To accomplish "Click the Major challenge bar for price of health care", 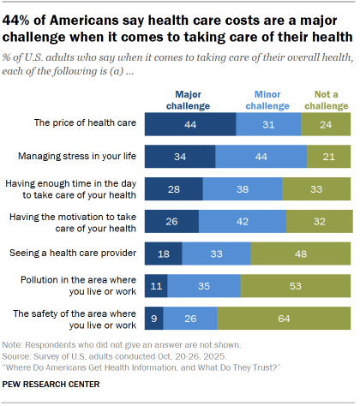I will click(x=189, y=125).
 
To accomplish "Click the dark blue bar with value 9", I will click(x=153, y=317).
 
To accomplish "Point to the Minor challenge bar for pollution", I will click(x=204, y=285).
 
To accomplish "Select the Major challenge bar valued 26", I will click(x=171, y=221).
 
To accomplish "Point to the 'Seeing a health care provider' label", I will click(x=72, y=254).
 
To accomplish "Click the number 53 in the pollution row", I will click(x=295, y=285).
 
